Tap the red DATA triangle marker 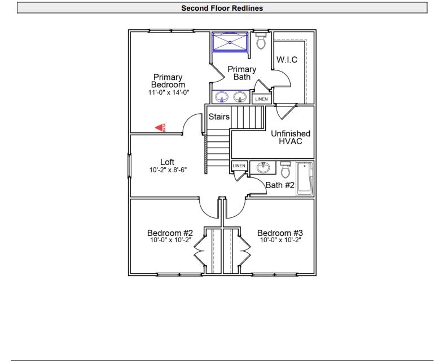[x=160, y=128]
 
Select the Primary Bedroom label [x=168, y=81]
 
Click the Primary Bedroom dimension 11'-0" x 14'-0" [x=168, y=92]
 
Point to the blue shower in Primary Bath [x=230, y=42]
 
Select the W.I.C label [x=287, y=60]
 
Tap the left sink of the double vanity [x=222, y=96]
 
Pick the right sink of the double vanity [x=240, y=96]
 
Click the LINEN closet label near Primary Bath [x=261, y=99]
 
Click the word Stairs [x=219, y=117]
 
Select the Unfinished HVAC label [x=291, y=137]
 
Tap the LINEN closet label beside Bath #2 [x=239, y=166]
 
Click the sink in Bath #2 [x=263, y=167]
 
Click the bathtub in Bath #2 [x=305, y=179]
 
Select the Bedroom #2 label [x=170, y=233]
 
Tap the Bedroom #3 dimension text [x=280, y=240]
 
